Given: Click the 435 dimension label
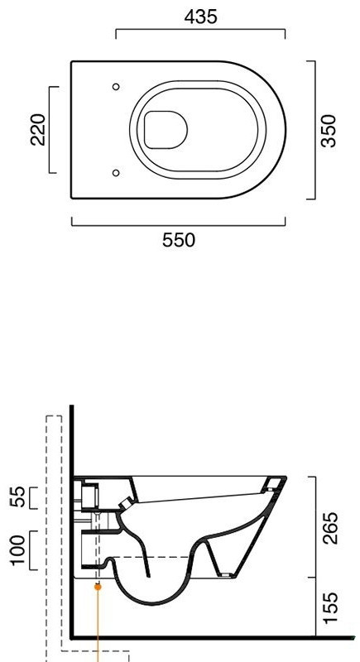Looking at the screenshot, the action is pos(201,17).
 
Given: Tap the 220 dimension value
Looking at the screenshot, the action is pos(38,130).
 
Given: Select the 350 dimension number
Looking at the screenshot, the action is pos(329,131).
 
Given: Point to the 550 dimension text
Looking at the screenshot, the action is pos(179,240).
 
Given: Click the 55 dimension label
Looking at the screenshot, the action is pos(17,497).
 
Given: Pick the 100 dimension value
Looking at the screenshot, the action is pos(17,550).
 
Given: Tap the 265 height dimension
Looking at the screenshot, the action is pos(330,528).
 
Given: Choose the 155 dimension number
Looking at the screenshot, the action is pos(330,607).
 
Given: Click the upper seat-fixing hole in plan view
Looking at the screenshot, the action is pos(116,87).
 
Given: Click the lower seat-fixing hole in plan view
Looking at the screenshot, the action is pos(116,173).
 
